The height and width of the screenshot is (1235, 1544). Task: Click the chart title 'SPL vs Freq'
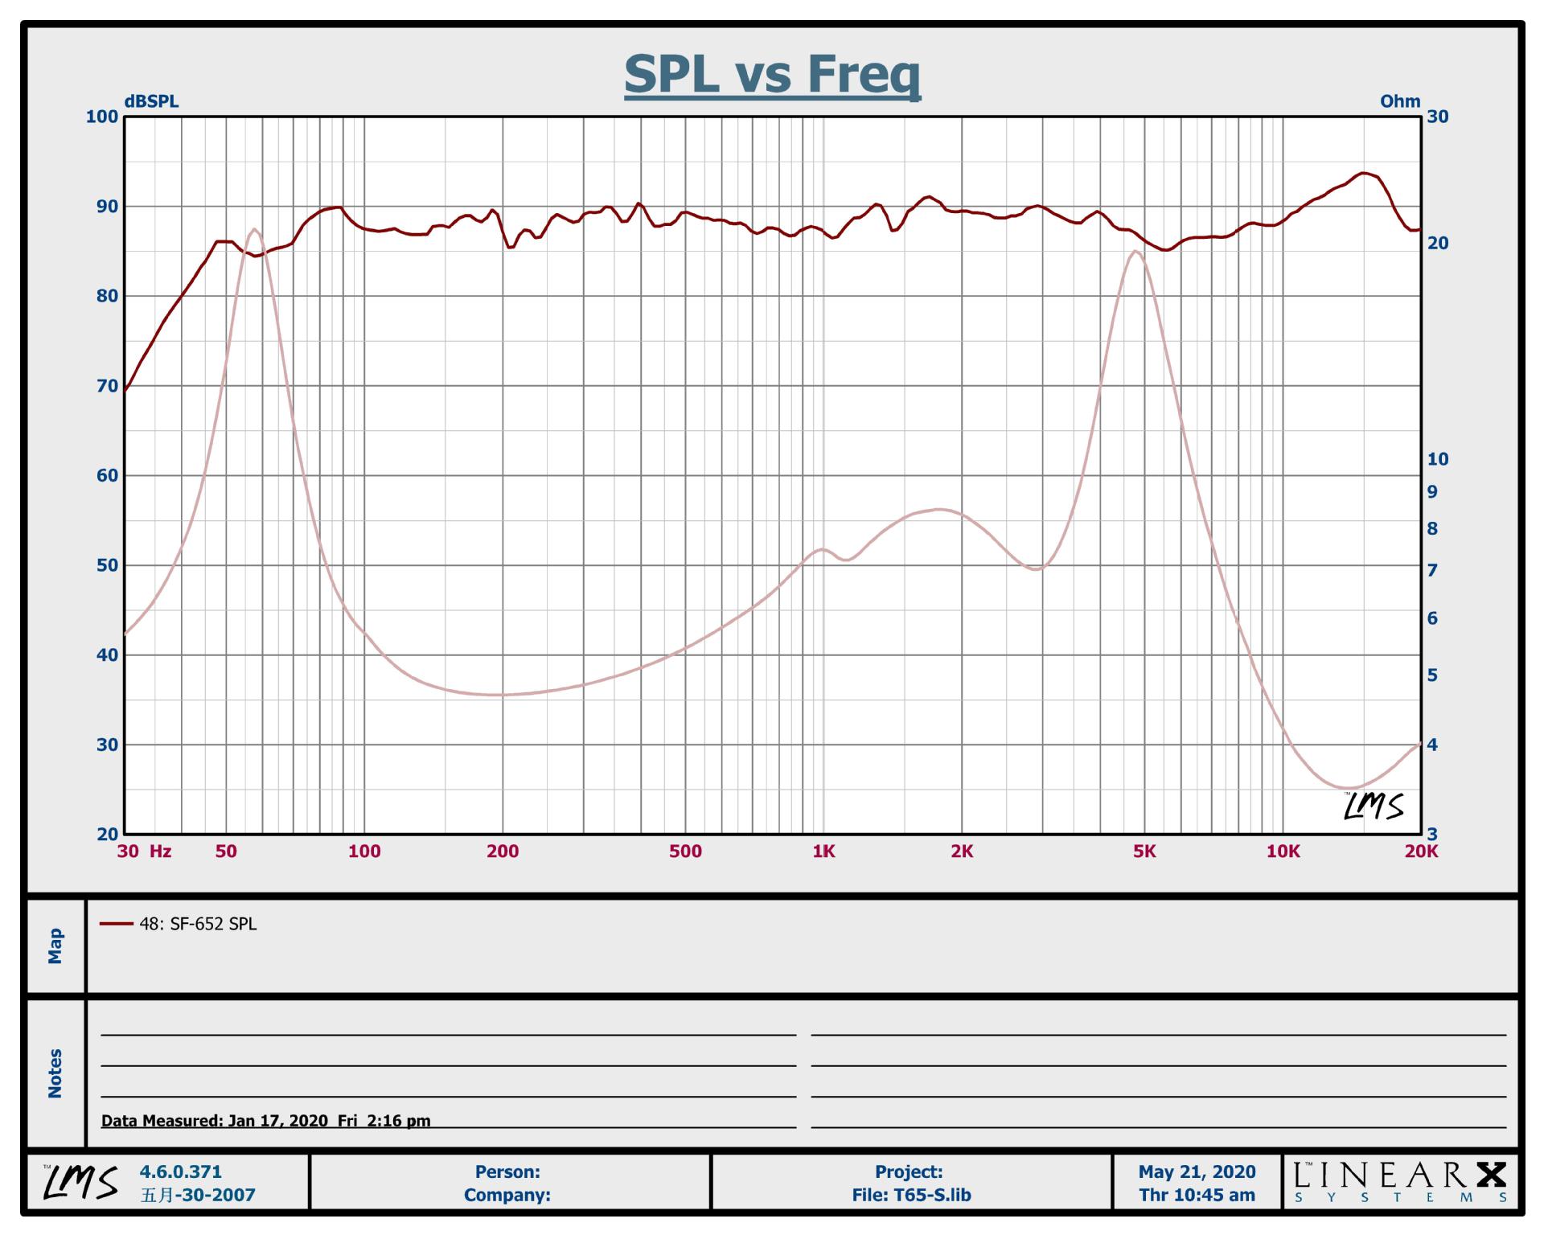coord(772,74)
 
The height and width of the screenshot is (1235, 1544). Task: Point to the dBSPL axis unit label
coord(151,101)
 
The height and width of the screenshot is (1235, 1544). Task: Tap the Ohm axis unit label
coord(1400,101)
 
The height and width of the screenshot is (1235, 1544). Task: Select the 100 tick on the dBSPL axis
coord(102,117)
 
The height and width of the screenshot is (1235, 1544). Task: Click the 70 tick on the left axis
coord(107,386)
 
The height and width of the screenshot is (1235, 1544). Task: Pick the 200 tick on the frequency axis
coord(503,851)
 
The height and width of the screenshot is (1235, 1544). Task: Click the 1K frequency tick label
coord(823,851)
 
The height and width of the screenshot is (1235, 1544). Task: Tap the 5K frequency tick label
coord(1144,851)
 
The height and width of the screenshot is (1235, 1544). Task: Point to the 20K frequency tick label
coord(1421,851)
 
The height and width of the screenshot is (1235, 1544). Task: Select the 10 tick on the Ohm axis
coord(1437,459)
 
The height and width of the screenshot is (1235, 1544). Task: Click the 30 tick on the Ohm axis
coord(1437,117)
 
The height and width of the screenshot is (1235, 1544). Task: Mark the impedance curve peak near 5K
coord(1135,252)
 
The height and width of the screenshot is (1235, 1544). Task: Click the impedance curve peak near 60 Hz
coord(254,230)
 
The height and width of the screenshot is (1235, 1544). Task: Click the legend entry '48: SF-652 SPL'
coord(198,924)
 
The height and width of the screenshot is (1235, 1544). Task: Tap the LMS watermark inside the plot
coord(1374,806)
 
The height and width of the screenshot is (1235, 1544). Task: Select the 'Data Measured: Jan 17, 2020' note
coord(265,1120)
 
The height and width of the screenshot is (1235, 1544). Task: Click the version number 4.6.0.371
coord(181,1171)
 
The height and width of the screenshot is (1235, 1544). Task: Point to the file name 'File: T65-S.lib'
coord(911,1195)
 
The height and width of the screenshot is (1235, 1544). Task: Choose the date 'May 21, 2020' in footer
coord(1197,1171)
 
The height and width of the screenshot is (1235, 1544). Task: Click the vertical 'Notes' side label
coord(55,1073)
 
